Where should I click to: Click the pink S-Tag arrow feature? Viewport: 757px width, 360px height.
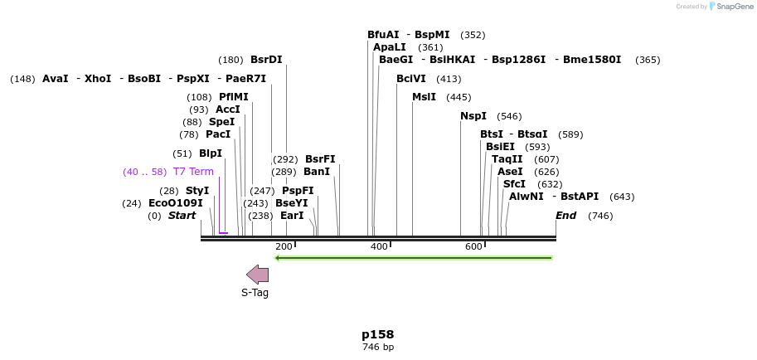(258, 275)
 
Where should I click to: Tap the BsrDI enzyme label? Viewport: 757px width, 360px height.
(266, 60)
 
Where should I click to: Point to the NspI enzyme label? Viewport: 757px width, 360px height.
(473, 116)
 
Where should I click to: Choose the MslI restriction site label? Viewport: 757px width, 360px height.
(424, 97)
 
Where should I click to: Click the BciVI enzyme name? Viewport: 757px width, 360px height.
(411, 79)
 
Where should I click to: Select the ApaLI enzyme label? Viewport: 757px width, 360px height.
(390, 47)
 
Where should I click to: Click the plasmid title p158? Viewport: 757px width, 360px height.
(378, 334)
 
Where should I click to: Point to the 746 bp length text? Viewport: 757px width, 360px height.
(378, 348)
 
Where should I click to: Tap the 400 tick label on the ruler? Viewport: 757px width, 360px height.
(379, 247)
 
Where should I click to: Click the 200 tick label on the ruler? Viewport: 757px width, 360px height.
(284, 247)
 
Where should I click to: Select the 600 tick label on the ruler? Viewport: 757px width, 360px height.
(473, 247)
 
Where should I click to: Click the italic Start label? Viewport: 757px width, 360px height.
(182, 216)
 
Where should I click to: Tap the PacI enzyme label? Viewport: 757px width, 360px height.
(218, 134)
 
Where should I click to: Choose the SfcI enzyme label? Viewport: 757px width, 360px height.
(514, 184)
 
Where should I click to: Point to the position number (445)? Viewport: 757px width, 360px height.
(459, 97)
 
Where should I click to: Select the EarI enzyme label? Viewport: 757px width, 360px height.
(292, 216)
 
